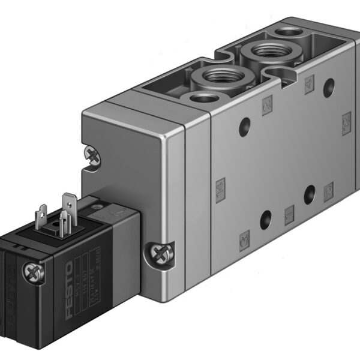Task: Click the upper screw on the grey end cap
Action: tap(92, 154)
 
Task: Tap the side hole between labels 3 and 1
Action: tap(265, 221)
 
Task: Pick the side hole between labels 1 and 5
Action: tap(309, 194)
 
